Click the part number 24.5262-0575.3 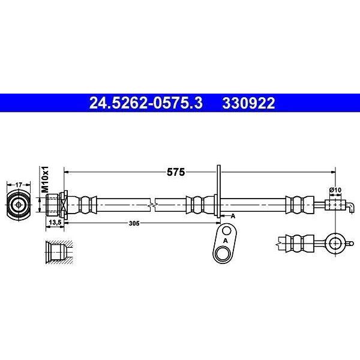coord(146,103)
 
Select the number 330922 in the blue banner coord(248,103)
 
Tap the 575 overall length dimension coord(176,172)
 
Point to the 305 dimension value coord(134,223)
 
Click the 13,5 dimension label coord(55,222)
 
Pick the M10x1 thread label coord(45,179)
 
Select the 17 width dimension coord(19,185)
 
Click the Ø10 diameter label coord(335,190)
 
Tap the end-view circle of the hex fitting coord(19,205)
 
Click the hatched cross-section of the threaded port coord(59,253)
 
